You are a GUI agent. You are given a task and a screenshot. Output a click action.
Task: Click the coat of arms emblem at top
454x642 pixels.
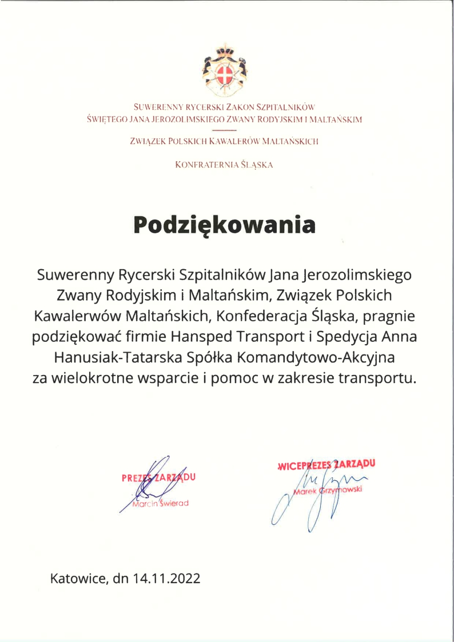pyautogui.click(x=226, y=69)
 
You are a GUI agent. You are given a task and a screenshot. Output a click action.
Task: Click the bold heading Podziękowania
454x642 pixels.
pyautogui.click(x=225, y=224)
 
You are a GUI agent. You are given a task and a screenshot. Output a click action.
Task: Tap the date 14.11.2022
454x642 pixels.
pyautogui.click(x=166, y=578)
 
